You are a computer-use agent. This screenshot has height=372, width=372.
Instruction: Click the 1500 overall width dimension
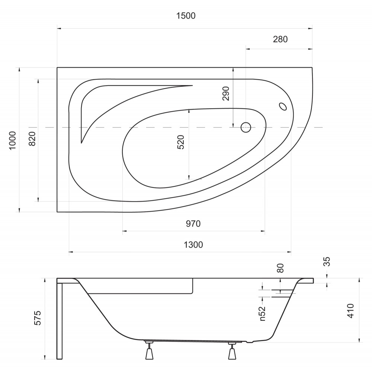coord(186,16)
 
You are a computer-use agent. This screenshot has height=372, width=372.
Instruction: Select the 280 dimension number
coord(280,39)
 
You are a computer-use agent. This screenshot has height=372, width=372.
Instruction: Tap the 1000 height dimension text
coord(12,140)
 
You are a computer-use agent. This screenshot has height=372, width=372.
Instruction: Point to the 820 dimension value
coord(32,138)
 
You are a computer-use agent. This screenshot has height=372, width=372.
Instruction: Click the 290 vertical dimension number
coord(226,93)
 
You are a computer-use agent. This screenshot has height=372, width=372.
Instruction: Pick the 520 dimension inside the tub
coord(181,142)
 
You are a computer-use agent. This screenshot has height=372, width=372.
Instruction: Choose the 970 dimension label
coord(193,224)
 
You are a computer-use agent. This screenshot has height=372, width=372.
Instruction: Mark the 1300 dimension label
coord(193,245)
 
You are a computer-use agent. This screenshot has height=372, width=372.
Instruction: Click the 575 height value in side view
coord(38,318)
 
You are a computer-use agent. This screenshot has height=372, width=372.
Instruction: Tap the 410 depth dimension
coord(350,311)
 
